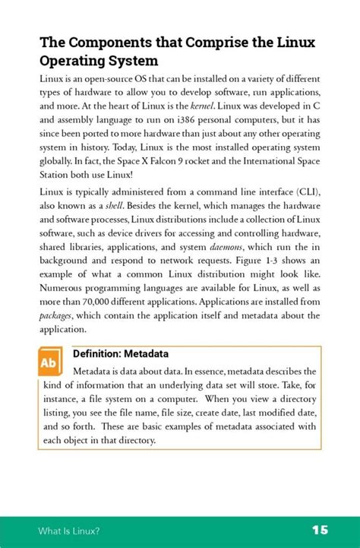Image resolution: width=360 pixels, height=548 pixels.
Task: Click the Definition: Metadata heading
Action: (x=120, y=355)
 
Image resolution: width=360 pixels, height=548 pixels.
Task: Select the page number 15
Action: (x=318, y=529)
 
